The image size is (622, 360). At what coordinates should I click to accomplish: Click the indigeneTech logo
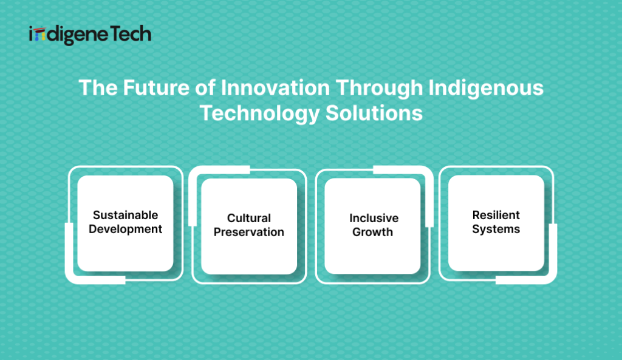[x=90, y=35]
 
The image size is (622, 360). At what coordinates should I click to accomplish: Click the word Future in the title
[x=156, y=87]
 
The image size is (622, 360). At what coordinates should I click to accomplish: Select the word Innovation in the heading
[x=275, y=87]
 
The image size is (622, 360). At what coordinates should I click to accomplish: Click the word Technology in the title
[x=259, y=114]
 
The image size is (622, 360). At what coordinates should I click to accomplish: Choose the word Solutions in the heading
[x=374, y=114]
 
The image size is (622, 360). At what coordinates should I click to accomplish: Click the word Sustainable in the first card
[x=125, y=215]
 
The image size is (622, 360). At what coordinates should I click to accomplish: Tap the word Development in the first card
[x=125, y=229]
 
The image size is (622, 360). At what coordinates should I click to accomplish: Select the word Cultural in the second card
[x=248, y=218]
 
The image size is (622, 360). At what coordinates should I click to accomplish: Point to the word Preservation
[x=248, y=232]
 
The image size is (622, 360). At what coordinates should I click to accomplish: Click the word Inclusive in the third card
[x=374, y=218]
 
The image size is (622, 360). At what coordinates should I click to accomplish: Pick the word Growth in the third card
[x=372, y=232]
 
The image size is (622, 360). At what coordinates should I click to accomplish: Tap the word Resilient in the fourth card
[x=496, y=215]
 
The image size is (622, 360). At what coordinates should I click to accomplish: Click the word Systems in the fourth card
[x=496, y=229]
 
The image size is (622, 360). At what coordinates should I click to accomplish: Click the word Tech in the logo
[x=130, y=34]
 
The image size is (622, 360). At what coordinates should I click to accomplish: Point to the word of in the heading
[x=205, y=87]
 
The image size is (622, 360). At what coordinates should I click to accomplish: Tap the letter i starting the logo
[x=31, y=35]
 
